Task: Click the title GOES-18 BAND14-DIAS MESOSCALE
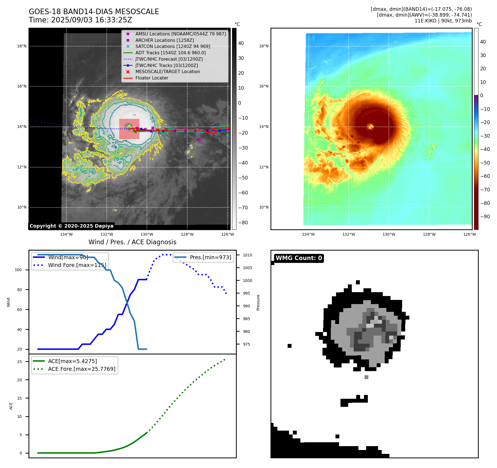pyautogui.click(x=94, y=12)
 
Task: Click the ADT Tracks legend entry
pyautogui.click(x=170, y=53)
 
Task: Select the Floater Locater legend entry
pyautogui.click(x=152, y=78)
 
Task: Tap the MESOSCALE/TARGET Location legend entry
pyautogui.click(x=167, y=72)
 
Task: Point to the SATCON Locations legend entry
pyautogui.click(x=173, y=47)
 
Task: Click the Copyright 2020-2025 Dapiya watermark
pyautogui.click(x=71, y=226)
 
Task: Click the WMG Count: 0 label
pyautogui.click(x=299, y=258)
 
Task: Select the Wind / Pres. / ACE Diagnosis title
pyautogui.click(x=132, y=242)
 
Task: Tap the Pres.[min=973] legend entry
pyautogui.click(x=210, y=257)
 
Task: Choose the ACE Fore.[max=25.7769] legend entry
pyautogui.click(x=82, y=369)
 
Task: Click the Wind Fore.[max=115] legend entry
pyautogui.click(x=77, y=265)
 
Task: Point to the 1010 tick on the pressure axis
pyautogui.click(x=248, y=255)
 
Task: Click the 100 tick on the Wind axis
pyautogui.click(x=18, y=270)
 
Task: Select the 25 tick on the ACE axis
pyautogui.click(x=20, y=362)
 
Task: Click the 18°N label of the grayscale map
pyautogui.click(x=22, y=46)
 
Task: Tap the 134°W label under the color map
pyautogui.click(x=308, y=234)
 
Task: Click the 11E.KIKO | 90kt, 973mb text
pyautogui.click(x=443, y=21)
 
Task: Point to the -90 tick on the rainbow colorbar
pyautogui.click(x=485, y=217)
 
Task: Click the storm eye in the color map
pyautogui.click(x=370, y=127)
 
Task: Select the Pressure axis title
pyautogui.click(x=258, y=302)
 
